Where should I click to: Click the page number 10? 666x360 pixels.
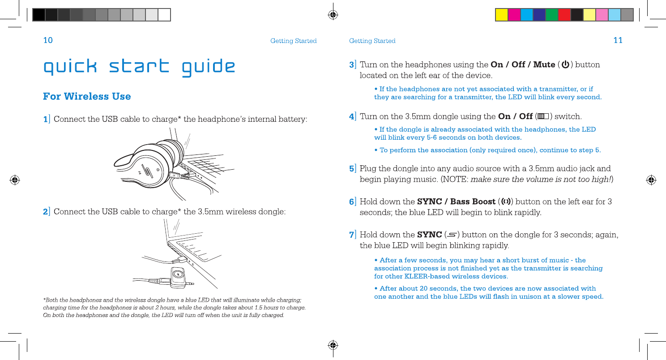click(x=48, y=40)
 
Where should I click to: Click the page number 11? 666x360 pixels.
click(x=618, y=40)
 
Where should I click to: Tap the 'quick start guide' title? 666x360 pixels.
click(x=139, y=67)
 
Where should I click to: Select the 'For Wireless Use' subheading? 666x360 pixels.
click(x=87, y=96)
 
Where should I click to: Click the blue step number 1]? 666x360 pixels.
click(x=47, y=120)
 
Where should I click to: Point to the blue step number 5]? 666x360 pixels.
click(x=353, y=169)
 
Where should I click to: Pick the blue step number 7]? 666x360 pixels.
click(x=353, y=235)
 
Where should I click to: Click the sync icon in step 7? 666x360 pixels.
click(x=452, y=235)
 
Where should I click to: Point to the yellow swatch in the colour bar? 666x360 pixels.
click(x=501, y=15)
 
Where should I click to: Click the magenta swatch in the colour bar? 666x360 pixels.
click(x=514, y=15)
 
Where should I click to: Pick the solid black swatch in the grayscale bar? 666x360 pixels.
click(x=39, y=15)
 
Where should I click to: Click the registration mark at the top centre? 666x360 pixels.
click(x=333, y=15)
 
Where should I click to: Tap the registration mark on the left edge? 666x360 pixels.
click(x=15, y=180)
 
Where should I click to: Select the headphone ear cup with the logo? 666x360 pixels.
click(x=150, y=170)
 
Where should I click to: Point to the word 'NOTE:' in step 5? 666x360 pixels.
click(x=456, y=180)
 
